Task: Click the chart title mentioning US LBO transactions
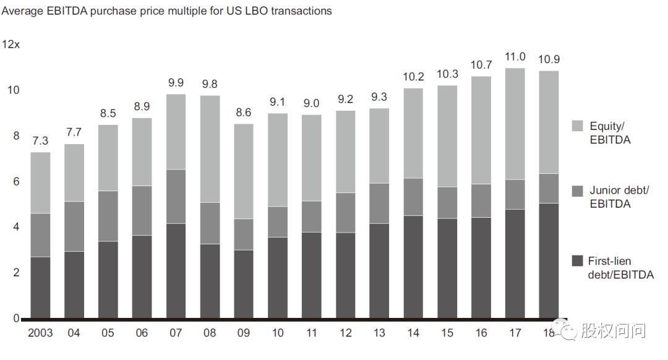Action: [x=167, y=11]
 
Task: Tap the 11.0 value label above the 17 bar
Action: [x=515, y=57]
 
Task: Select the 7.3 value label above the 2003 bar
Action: [x=40, y=142]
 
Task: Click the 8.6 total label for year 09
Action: [x=243, y=113]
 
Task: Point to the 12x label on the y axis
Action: [x=11, y=45]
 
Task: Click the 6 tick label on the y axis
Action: [x=17, y=181]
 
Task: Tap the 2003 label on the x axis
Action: [x=40, y=333]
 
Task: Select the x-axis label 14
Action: [x=413, y=333]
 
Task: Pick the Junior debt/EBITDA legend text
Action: [x=619, y=197]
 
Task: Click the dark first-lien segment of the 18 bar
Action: [x=549, y=260]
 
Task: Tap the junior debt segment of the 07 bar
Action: [x=176, y=196]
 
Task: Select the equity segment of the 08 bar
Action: [x=210, y=148]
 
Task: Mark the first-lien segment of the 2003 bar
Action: [x=40, y=287]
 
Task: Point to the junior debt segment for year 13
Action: [x=379, y=203]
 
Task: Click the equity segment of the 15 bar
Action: [x=447, y=136]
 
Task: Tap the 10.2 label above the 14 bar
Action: [x=413, y=77]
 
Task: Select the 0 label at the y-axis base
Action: [x=17, y=319]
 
